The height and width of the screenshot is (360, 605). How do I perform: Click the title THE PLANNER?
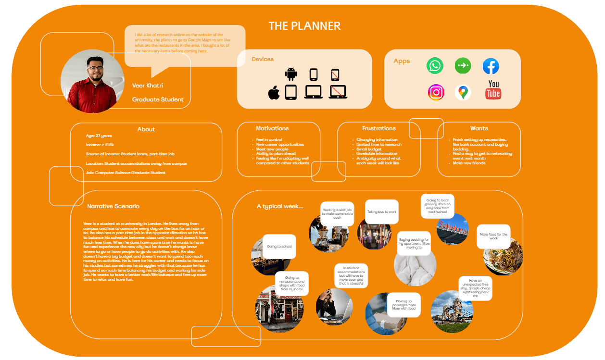[x=304, y=26]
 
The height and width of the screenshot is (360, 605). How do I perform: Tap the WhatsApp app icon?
[x=435, y=66]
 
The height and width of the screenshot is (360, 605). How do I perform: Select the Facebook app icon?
[x=491, y=66]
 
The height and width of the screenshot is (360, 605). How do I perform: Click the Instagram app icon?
[x=436, y=92]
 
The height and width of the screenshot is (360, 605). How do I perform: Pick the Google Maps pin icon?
[x=463, y=92]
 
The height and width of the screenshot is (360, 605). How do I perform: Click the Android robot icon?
[x=291, y=74]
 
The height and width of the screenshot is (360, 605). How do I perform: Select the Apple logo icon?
[x=274, y=92]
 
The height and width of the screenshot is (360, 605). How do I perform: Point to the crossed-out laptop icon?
[x=338, y=92]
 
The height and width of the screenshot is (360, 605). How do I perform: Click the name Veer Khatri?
[x=148, y=86]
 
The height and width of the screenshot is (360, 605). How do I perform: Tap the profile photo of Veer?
[x=89, y=81]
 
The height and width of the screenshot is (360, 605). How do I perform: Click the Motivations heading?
[x=272, y=128]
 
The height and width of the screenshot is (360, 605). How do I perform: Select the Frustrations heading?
[x=379, y=128]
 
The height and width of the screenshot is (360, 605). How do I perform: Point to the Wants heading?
[x=479, y=128]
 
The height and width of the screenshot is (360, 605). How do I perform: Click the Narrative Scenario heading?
[x=113, y=206]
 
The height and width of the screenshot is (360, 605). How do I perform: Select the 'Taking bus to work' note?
[x=382, y=212]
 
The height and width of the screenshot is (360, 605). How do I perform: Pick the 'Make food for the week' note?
[x=493, y=236]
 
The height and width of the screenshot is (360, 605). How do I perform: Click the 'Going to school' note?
[x=279, y=247]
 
